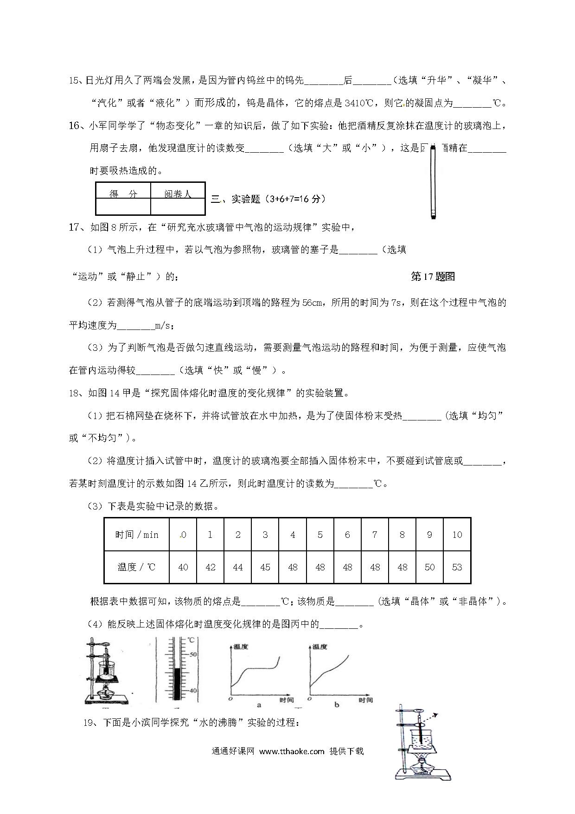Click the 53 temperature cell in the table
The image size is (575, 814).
click(457, 567)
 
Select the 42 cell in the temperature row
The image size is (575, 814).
click(210, 567)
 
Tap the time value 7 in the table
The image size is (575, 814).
click(375, 535)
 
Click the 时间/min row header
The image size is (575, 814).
click(137, 535)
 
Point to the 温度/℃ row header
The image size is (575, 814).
click(137, 567)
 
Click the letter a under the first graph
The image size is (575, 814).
click(259, 704)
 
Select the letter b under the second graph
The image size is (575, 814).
click(337, 704)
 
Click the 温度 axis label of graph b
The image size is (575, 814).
click(319, 646)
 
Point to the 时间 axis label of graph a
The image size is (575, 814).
click(287, 699)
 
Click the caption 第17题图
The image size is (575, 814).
click(433, 277)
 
